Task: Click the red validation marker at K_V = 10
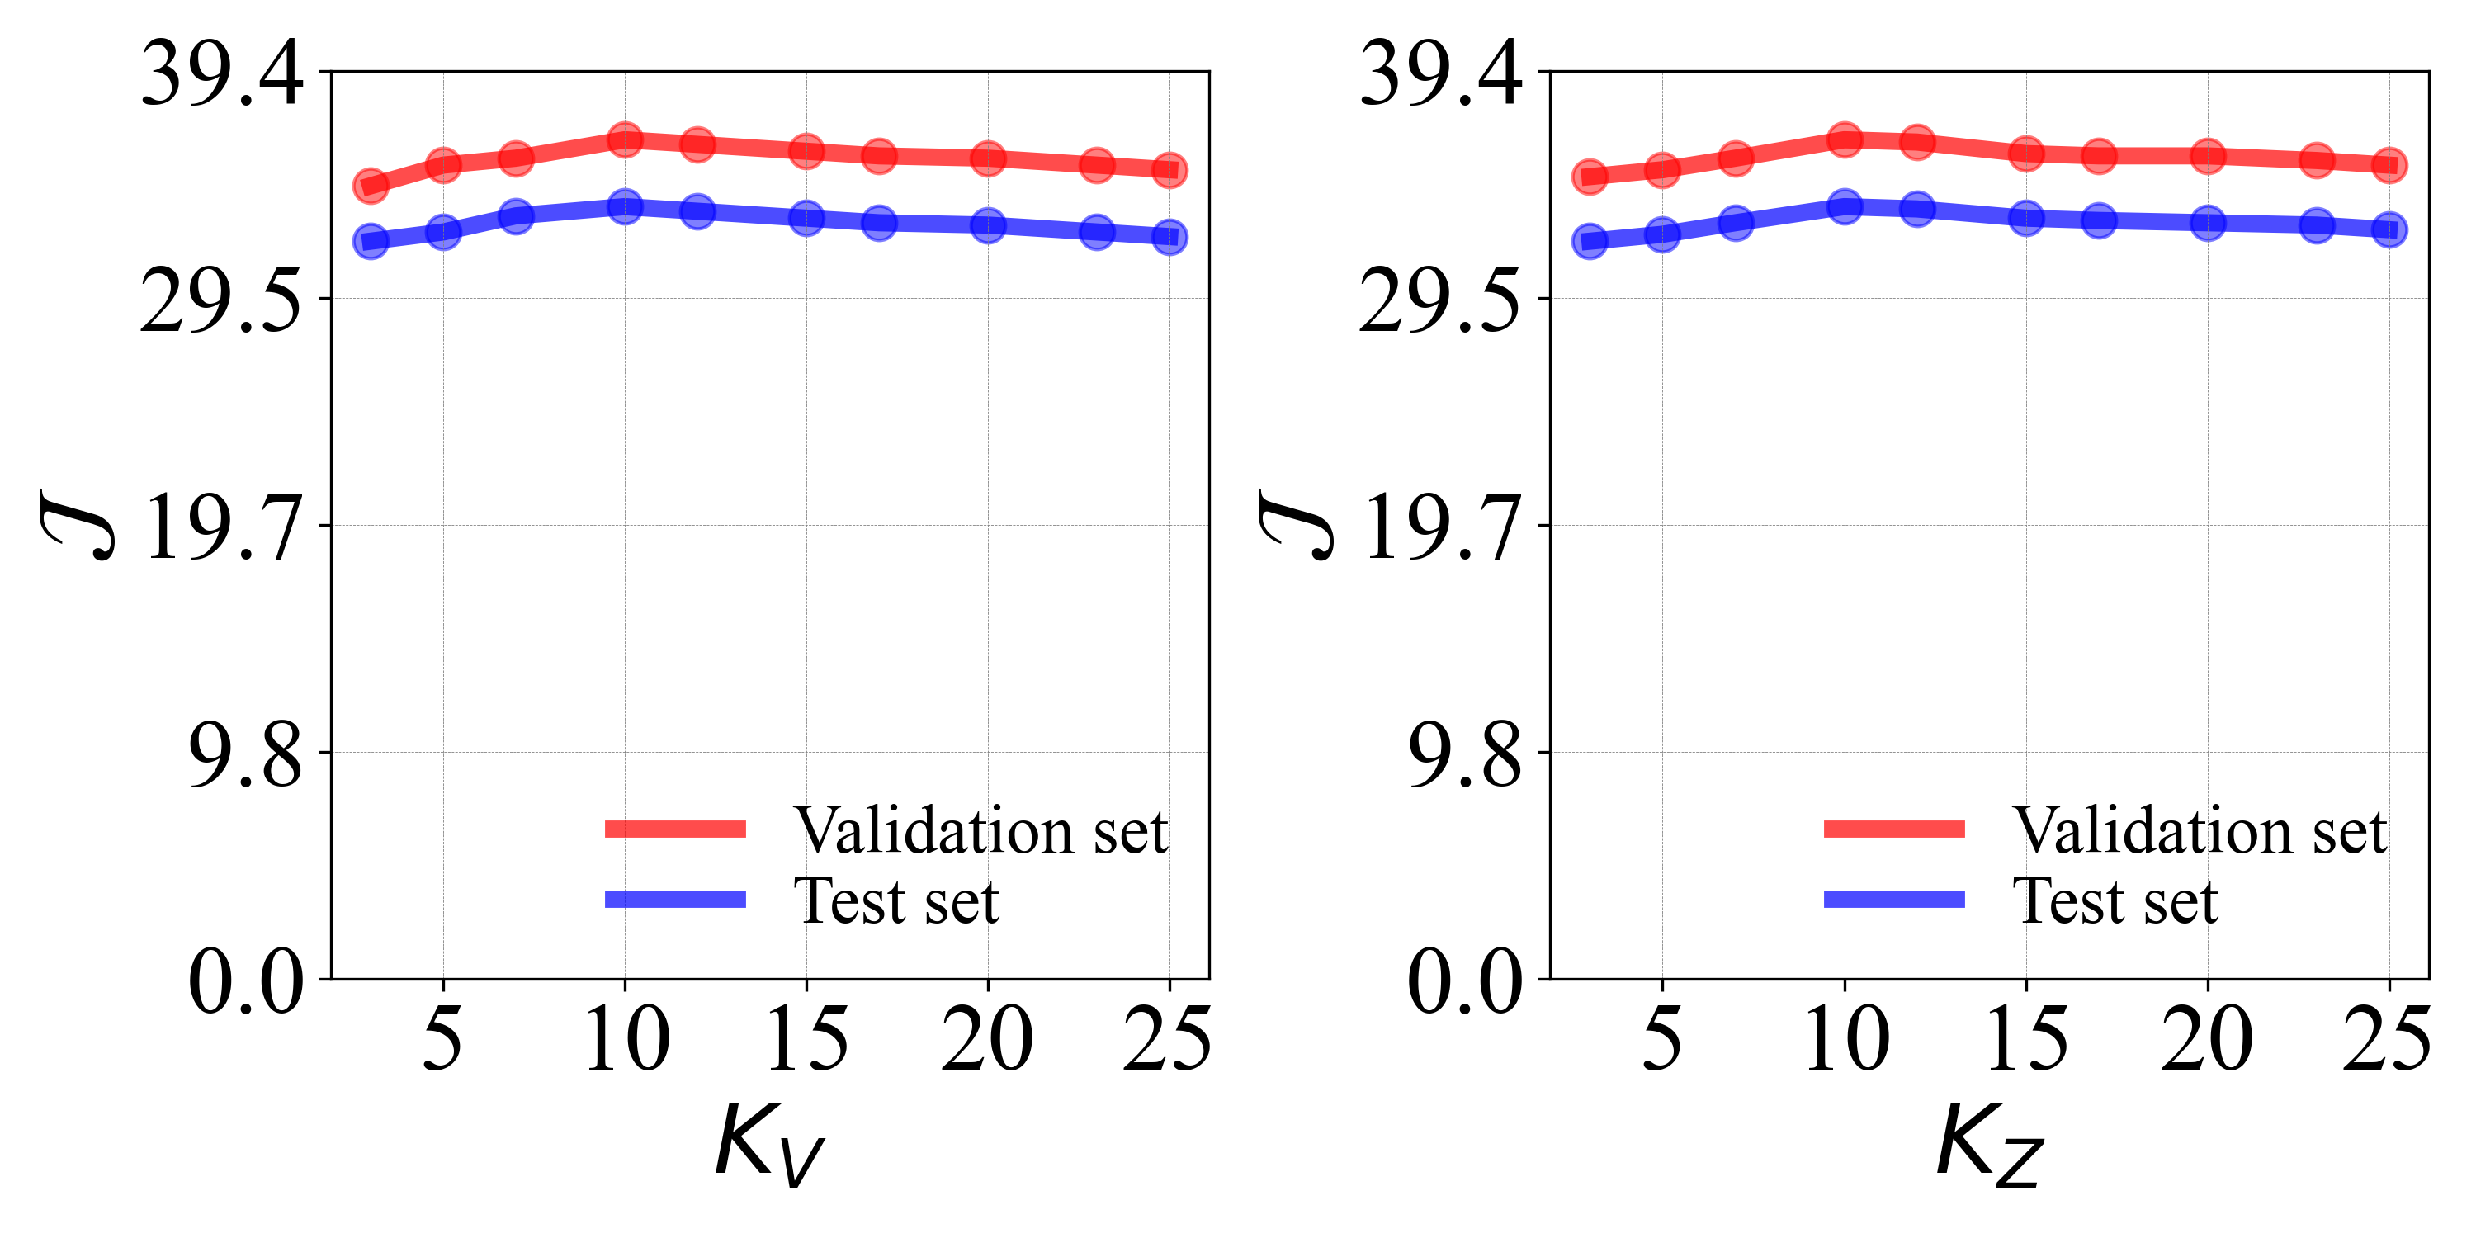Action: [x=625, y=139]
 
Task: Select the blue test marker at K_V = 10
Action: [x=625, y=206]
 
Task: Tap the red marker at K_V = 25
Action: [x=1169, y=170]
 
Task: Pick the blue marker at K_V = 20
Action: [x=988, y=226]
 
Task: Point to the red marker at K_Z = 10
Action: [x=1845, y=139]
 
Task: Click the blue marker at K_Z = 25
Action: [x=2389, y=229]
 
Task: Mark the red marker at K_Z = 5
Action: [x=1662, y=170]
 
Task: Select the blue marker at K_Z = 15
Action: [x=2026, y=217]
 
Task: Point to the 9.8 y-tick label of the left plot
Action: [x=246, y=754]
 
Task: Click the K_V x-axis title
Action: [x=769, y=1144]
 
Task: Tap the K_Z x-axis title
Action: [x=1990, y=1144]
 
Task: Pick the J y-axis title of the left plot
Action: [x=77, y=525]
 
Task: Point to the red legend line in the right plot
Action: [x=1894, y=829]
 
